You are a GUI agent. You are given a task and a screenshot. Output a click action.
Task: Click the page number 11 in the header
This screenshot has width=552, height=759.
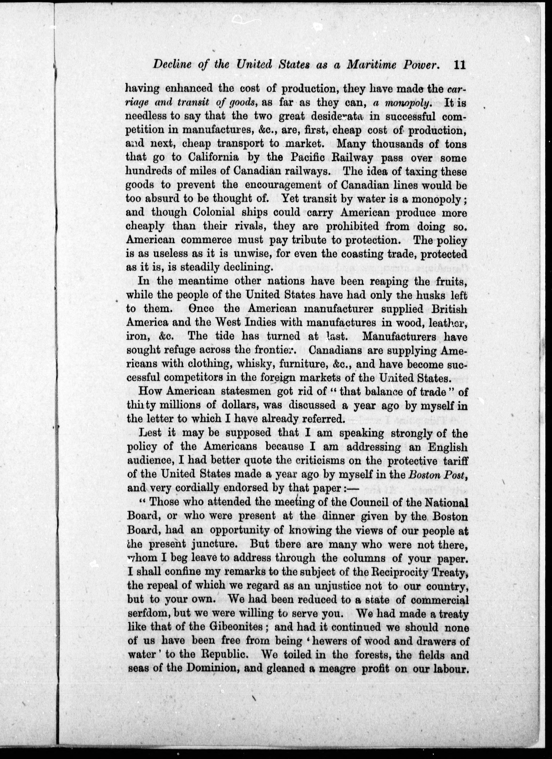pos(460,65)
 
